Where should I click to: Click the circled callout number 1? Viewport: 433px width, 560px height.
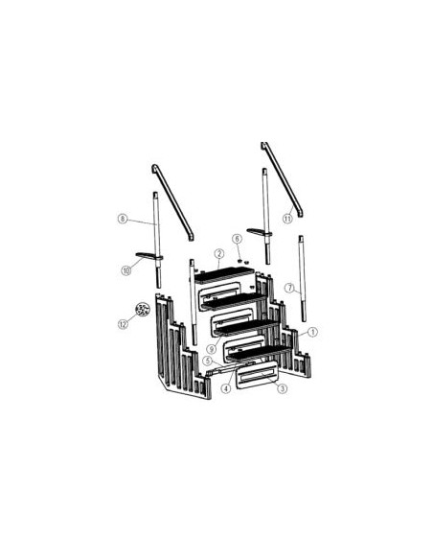[x=312, y=332]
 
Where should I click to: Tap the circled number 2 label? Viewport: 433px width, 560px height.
[x=219, y=254]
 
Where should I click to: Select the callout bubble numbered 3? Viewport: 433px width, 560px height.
[x=283, y=388]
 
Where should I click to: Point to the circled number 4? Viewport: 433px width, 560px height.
[x=226, y=388]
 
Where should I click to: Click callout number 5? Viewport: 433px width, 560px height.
[x=208, y=361]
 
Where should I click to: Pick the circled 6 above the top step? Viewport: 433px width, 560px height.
[x=238, y=239]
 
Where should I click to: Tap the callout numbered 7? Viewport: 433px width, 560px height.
[x=289, y=288]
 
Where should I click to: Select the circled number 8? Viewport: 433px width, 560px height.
[x=123, y=219]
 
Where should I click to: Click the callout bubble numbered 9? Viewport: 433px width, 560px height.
[x=211, y=348]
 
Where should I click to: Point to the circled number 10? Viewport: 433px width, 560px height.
[x=126, y=270]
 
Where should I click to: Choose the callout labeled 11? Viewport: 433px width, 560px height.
[x=287, y=219]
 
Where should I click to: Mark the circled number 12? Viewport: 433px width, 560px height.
[x=123, y=324]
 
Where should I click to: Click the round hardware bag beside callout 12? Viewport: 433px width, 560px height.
[x=143, y=310]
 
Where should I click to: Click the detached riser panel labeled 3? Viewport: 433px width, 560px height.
[x=256, y=375]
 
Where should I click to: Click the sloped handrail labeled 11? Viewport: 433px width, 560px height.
[x=283, y=179]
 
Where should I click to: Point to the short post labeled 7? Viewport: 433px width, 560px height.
[x=302, y=279]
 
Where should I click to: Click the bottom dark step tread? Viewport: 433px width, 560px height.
[x=260, y=352]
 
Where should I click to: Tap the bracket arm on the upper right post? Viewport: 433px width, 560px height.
[x=260, y=232]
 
